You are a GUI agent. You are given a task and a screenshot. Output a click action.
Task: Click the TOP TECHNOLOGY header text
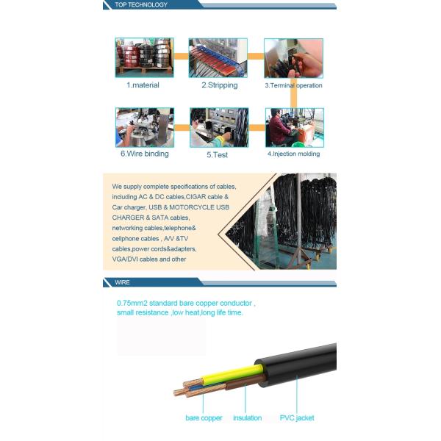pos(141,5)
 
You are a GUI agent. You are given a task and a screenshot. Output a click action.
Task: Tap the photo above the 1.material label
pos(144,57)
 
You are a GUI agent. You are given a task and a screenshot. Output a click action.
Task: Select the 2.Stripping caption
pos(220,85)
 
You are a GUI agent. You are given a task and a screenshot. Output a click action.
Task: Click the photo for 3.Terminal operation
pos(293,58)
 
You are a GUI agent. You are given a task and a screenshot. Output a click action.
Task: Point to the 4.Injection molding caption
pos(293,154)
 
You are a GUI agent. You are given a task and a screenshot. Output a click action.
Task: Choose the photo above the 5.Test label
pos(219,127)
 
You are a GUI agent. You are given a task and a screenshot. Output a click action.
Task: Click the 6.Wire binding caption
pos(145,154)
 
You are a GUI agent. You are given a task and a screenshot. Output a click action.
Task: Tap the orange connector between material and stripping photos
pos(181,57)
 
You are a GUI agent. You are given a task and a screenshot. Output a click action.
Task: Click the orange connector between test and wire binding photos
pos(182,128)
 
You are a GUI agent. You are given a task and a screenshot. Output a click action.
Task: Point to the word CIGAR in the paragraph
pos(196,197)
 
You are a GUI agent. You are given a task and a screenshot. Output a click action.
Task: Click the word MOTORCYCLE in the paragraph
pos(192,207)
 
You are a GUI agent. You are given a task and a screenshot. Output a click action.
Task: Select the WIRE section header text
pos(122,282)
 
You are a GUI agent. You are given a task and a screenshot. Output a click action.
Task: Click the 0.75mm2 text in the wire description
pos(132,303)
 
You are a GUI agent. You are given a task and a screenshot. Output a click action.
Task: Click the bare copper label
pos(204,418)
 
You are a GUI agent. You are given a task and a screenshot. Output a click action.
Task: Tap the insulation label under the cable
pos(248,418)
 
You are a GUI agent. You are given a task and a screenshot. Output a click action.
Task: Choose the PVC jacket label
pos(297,418)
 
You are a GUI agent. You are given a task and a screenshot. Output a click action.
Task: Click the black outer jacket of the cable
pos(298,365)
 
